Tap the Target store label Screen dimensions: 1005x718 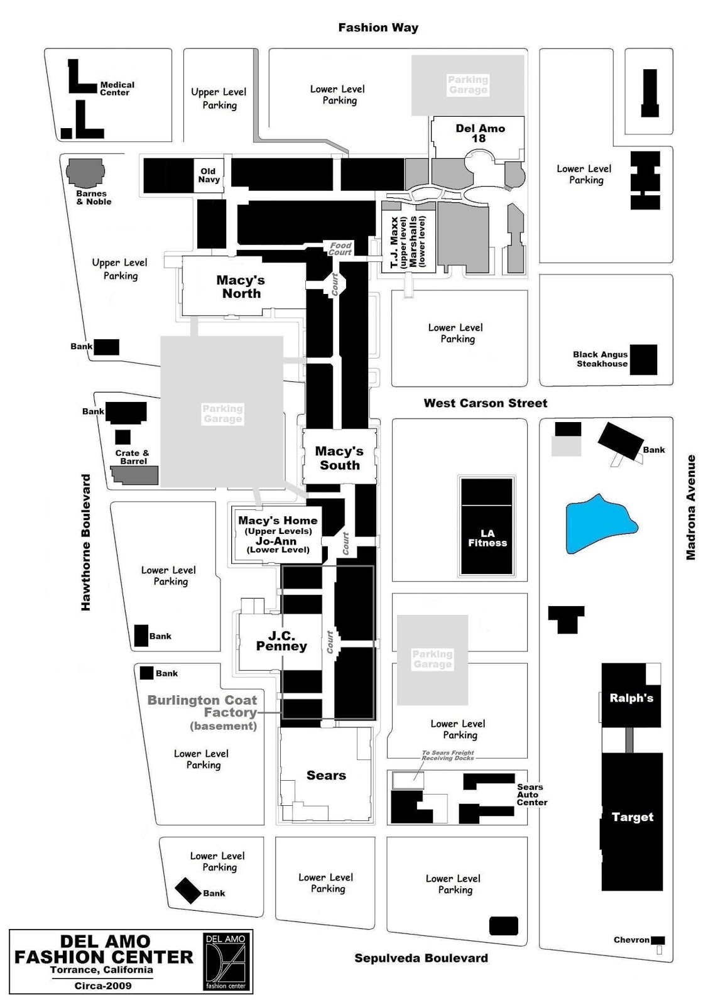[633, 817]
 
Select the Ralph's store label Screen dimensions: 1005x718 [631, 698]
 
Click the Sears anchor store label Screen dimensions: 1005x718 [326, 775]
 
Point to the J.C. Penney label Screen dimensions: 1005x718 [281, 641]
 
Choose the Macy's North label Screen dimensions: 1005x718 [241, 286]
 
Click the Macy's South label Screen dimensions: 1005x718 [339, 458]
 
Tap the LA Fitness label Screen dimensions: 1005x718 [487, 538]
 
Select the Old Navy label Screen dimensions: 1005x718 [209, 175]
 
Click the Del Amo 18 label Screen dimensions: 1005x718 [480, 133]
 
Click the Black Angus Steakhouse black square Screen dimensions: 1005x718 [644, 359]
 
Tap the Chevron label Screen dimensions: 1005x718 [631, 940]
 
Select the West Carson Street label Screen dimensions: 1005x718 [485, 403]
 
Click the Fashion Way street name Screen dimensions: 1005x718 [378, 28]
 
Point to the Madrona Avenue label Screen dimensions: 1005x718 [691, 507]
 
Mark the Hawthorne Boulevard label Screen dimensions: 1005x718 [86, 542]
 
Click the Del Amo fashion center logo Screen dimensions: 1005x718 [227, 961]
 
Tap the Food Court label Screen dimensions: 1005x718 [340, 249]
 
